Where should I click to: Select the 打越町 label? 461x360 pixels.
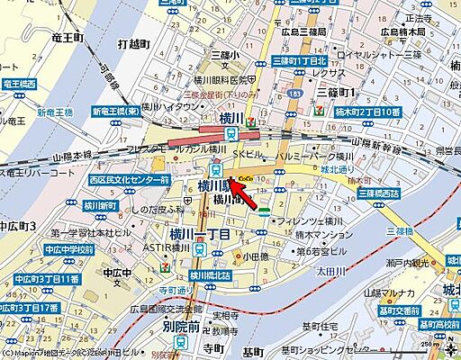click(x=137, y=43)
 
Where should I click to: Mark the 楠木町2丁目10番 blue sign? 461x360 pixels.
click(x=353, y=110)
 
